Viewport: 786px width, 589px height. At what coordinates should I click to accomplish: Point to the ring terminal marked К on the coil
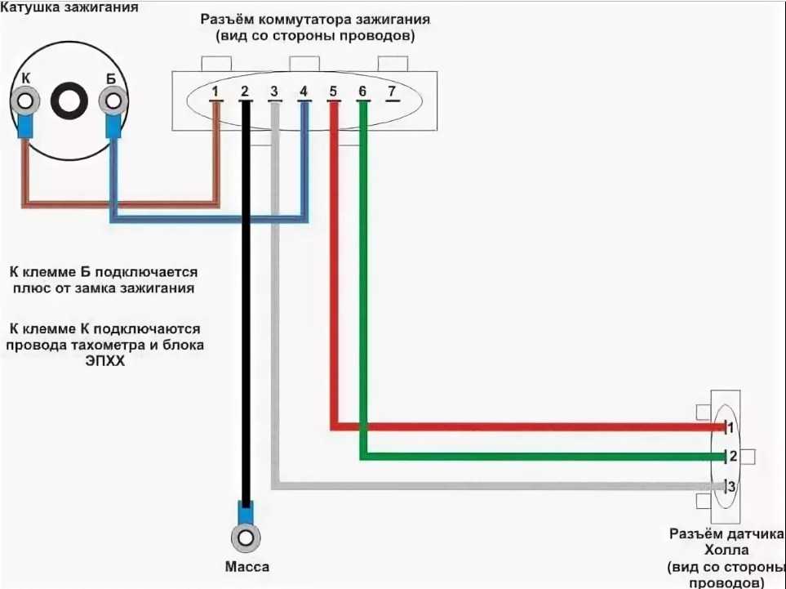[25, 101]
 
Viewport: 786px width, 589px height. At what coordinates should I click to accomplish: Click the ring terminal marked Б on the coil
[113, 101]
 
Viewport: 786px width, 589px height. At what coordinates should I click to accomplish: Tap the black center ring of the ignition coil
[69, 101]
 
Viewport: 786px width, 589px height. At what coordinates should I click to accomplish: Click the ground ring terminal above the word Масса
[245, 538]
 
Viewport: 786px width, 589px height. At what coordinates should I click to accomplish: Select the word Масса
[246, 567]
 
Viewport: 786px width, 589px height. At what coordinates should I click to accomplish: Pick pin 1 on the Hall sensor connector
[730, 427]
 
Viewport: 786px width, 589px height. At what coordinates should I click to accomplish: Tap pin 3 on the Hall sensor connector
[731, 486]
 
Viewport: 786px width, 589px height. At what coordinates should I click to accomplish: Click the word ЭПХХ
[104, 361]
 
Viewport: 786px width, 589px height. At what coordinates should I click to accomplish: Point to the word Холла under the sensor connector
[727, 550]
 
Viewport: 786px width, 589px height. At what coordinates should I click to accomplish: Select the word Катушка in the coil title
[30, 7]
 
